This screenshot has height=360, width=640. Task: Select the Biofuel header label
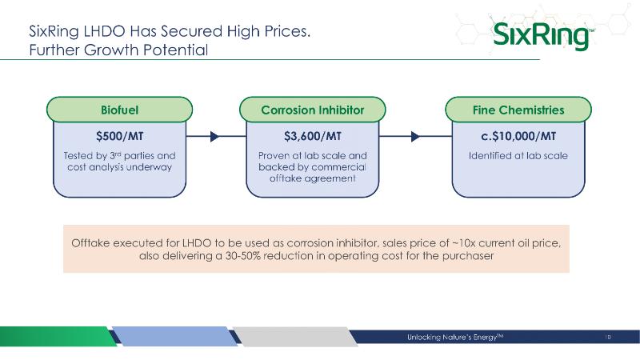click(119, 110)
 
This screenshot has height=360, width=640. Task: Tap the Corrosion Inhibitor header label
click(313, 110)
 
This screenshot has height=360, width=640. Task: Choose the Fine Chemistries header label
click(518, 110)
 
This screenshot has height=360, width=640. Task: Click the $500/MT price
click(119, 136)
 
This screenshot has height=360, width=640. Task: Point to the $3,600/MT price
click(313, 136)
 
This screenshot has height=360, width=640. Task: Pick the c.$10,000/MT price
click(518, 136)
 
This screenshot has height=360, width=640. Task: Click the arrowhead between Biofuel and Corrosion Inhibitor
click(214, 136)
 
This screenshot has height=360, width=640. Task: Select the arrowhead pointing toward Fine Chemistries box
click(415, 136)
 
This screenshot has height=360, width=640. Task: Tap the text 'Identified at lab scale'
click(518, 155)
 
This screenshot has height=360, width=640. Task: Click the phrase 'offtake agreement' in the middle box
click(313, 178)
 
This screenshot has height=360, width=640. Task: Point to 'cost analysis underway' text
click(119, 167)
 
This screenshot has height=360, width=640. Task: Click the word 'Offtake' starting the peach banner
click(90, 243)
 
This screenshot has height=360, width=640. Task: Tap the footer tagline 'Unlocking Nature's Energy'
click(455, 337)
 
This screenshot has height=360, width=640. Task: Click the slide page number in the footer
click(608, 337)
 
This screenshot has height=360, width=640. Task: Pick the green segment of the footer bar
click(58, 336)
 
